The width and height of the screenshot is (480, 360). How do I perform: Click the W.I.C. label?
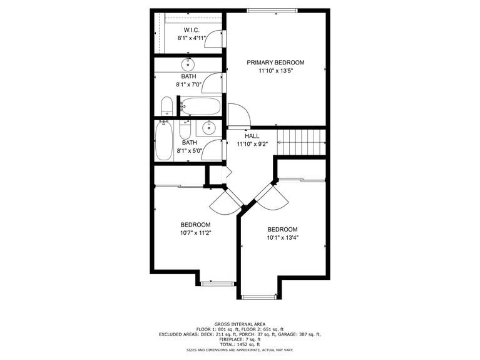click(x=191, y=30)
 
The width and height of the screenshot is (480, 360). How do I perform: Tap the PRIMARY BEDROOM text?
click(x=275, y=63)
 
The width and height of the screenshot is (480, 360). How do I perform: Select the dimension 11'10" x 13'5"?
click(x=275, y=71)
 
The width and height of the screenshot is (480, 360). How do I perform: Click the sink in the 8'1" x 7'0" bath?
click(x=188, y=64)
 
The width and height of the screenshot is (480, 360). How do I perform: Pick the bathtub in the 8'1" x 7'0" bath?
click(x=201, y=106)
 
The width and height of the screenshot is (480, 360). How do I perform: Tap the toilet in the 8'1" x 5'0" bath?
click(x=185, y=130)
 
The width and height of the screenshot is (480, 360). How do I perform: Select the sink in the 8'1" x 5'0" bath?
click(x=208, y=129)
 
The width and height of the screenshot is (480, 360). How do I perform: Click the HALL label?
click(x=252, y=136)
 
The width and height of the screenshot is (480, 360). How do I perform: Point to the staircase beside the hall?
click(x=302, y=141)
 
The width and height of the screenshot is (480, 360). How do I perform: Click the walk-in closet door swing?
click(x=215, y=38)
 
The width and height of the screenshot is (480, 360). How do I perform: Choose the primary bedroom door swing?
click(x=238, y=115)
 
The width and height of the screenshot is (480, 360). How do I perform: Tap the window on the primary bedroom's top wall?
click(x=273, y=11)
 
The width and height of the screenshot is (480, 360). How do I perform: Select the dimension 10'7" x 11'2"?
click(x=195, y=234)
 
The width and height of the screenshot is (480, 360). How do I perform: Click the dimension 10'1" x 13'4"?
click(x=282, y=238)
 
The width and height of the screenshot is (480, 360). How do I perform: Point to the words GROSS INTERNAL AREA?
click(x=240, y=324)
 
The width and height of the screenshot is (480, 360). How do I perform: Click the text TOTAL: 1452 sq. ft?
click(x=240, y=344)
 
